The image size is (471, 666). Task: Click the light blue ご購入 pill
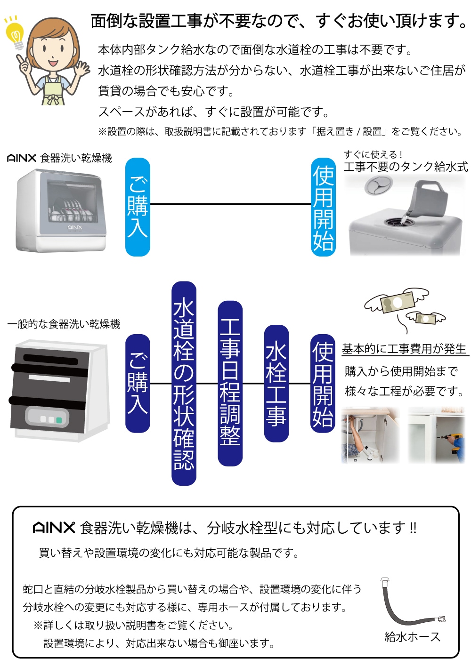click(138, 207)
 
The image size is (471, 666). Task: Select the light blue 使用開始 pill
click(323, 207)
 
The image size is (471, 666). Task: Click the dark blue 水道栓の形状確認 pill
click(184, 383)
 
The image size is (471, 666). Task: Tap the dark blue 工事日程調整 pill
click(230, 383)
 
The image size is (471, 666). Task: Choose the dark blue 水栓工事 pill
click(276, 383)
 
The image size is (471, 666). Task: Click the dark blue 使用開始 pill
click(323, 383)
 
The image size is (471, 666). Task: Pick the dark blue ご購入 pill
click(138, 383)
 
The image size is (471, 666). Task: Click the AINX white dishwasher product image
click(61, 209)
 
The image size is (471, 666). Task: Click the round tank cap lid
click(378, 185)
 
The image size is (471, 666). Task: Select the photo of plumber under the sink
click(370, 435)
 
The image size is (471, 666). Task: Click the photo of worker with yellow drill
click(436, 435)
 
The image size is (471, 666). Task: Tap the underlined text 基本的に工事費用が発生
click(404, 349)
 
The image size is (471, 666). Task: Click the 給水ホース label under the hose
click(412, 637)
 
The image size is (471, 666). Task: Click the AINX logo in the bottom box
click(54, 528)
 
